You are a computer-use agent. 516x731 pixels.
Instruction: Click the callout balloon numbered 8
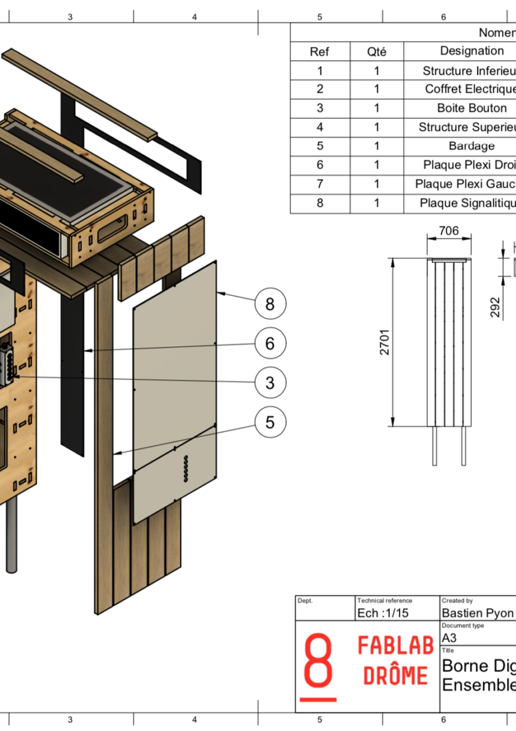[270, 304]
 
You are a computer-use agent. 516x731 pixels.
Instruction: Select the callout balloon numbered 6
[270, 343]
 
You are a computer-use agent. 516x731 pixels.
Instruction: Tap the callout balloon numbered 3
[270, 382]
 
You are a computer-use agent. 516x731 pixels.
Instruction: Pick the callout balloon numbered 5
[270, 422]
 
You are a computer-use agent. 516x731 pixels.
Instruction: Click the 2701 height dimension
[385, 342]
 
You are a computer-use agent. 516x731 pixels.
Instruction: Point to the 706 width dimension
[449, 231]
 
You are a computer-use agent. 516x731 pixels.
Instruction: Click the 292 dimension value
[495, 307]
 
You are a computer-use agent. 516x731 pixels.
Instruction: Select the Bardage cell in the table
[471, 146]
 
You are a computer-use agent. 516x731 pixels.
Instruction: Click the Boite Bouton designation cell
[471, 108]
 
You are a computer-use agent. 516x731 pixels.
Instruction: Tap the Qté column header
[377, 52]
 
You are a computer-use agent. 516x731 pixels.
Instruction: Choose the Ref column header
[319, 52]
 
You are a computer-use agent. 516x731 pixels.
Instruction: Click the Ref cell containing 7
[320, 184]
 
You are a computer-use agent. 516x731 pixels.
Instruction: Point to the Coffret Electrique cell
[470, 89]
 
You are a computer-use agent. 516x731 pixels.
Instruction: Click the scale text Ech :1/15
[383, 613]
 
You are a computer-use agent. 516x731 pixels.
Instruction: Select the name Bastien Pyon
[477, 613]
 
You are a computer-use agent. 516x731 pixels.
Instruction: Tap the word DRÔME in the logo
[395, 676]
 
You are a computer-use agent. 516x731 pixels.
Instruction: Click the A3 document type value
[449, 638]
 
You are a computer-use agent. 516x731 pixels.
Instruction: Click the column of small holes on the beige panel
[185, 468]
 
